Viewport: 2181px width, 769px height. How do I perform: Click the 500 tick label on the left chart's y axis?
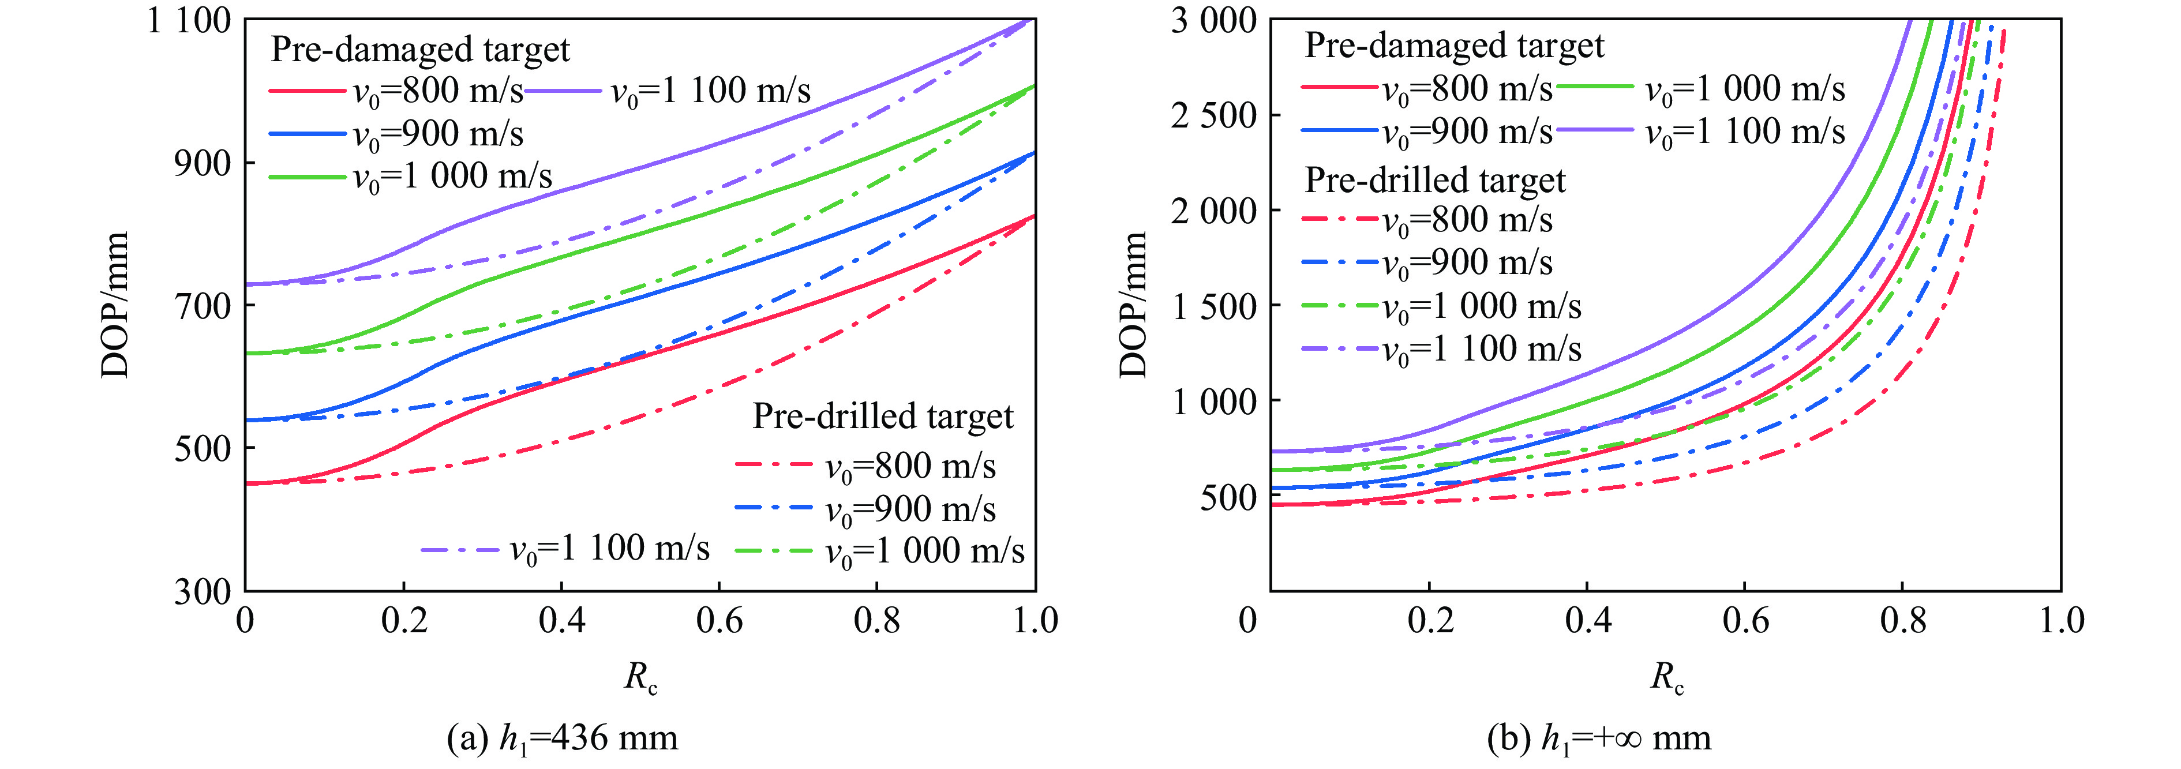coord(203,449)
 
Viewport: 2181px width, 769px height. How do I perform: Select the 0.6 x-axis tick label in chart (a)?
coord(719,621)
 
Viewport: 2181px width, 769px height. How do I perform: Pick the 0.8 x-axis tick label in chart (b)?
coord(1902,621)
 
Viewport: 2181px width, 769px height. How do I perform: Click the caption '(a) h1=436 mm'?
coord(562,738)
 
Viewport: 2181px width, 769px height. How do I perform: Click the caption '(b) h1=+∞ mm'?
coord(1598,738)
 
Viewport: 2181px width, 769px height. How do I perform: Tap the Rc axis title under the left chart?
coord(641,677)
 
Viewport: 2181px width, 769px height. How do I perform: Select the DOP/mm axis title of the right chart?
coord(1132,305)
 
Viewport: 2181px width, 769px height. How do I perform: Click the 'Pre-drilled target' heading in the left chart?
coord(882,417)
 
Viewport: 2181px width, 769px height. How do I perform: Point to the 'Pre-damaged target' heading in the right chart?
coord(1454,46)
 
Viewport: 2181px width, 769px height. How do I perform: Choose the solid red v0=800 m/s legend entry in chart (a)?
coord(396,91)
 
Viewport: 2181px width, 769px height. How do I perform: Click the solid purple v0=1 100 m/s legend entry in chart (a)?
coord(667,91)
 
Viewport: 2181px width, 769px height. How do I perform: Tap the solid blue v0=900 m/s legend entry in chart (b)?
coord(1427,132)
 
